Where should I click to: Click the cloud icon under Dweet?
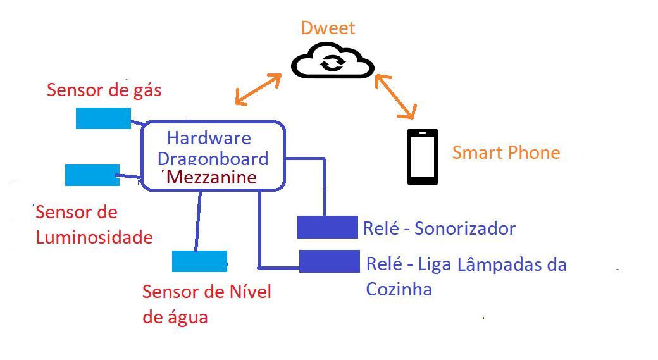tap(332, 61)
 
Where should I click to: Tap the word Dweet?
tap(328, 28)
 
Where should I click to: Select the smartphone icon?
tap(422, 157)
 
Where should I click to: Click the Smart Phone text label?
tap(506, 152)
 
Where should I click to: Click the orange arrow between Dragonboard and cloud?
tap(258, 89)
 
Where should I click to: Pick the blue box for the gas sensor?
tap(103, 118)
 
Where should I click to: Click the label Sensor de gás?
tap(104, 90)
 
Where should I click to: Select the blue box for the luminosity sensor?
tap(92, 175)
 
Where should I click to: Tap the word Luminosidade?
tap(94, 237)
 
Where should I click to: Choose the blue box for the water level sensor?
tap(199, 261)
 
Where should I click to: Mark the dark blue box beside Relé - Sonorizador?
tap(328, 227)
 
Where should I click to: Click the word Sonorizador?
tap(465, 228)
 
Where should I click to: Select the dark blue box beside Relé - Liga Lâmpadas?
tap(329, 261)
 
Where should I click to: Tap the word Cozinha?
tap(399, 289)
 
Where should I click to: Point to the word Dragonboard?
tap(213, 159)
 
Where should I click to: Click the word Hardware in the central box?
tap(209, 138)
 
